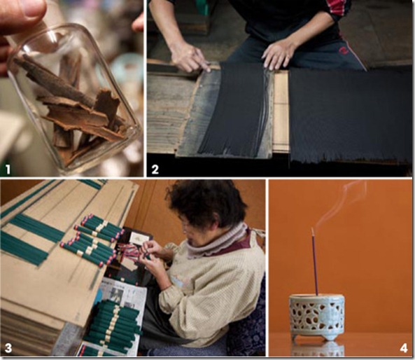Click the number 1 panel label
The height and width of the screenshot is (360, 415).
pyautogui.click(x=8, y=169)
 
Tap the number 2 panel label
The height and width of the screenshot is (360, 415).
pyautogui.click(x=155, y=169)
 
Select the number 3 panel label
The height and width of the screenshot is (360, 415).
pyautogui.click(x=8, y=348)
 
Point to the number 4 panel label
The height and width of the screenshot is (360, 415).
pyautogui.click(x=404, y=348)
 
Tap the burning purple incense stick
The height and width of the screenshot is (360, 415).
pyautogui.click(x=314, y=261)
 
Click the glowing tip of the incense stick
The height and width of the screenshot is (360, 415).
pyautogui.click(x=312, y=228)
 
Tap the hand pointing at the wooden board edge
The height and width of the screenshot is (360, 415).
pyautogui.click(x=189, y=57)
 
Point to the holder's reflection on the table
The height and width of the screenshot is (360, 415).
pyautogui.click(x=318, y=349)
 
